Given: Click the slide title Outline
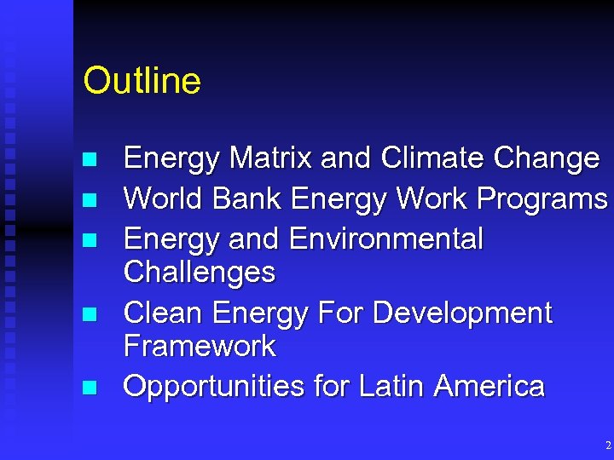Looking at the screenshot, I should (x=142, y=82).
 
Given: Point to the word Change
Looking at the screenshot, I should (x=546, y=158).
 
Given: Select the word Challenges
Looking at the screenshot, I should (x=200, y=273).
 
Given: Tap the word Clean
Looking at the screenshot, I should (x=164, y=313).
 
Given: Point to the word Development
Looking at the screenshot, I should (x=462, y=314).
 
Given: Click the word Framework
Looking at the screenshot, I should (x=200, y=346).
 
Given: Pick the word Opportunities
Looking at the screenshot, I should (x=214, y=387).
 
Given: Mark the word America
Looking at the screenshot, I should (x=489, y=386).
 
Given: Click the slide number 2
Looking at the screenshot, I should (x=607, y=446).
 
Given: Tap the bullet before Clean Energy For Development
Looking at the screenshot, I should (x=88, y=314).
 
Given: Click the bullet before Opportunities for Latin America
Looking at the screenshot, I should (x=88, y=388).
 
